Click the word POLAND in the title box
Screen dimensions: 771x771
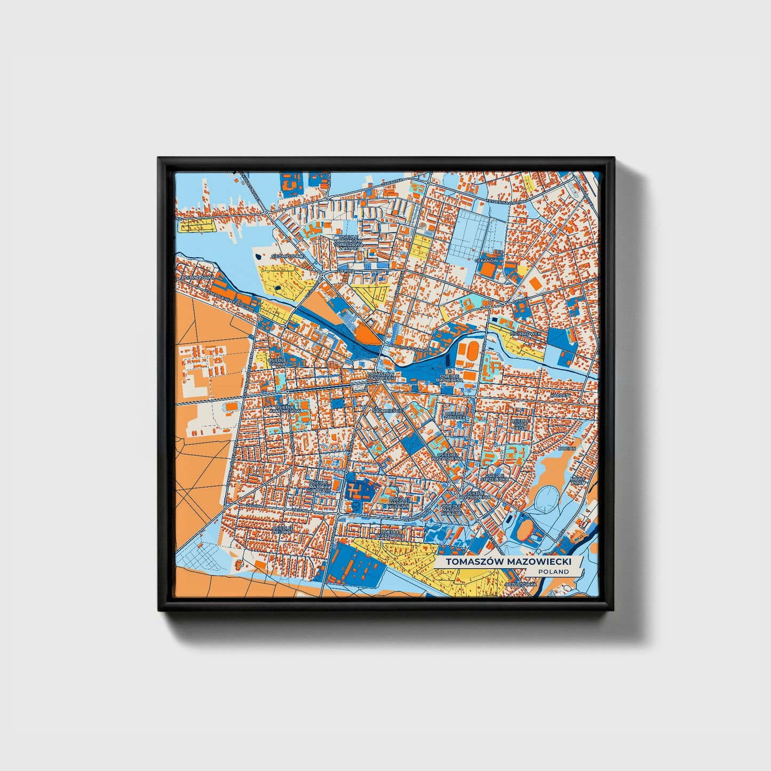pyautogui.click(x=553, y=571)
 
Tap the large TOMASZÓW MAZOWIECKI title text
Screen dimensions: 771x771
pyautogui.click(x=508, y=562)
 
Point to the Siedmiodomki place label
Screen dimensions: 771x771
pyautogui.click(x=288, y=256)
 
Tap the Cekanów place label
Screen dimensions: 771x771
pyautogui.click(x=486, y=260)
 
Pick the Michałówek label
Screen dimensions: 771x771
pyautogui.click(x=526, y=333)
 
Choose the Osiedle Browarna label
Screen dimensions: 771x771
pyautogui.click(x=449, y=378)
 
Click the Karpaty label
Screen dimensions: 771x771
pyautogui.click(x=561, y=395)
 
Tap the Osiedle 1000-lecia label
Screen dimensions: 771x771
pyautogui.click(x=520, y=424)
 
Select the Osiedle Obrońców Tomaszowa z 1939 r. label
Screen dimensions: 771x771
pyautogui.click(x=348, y=243)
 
